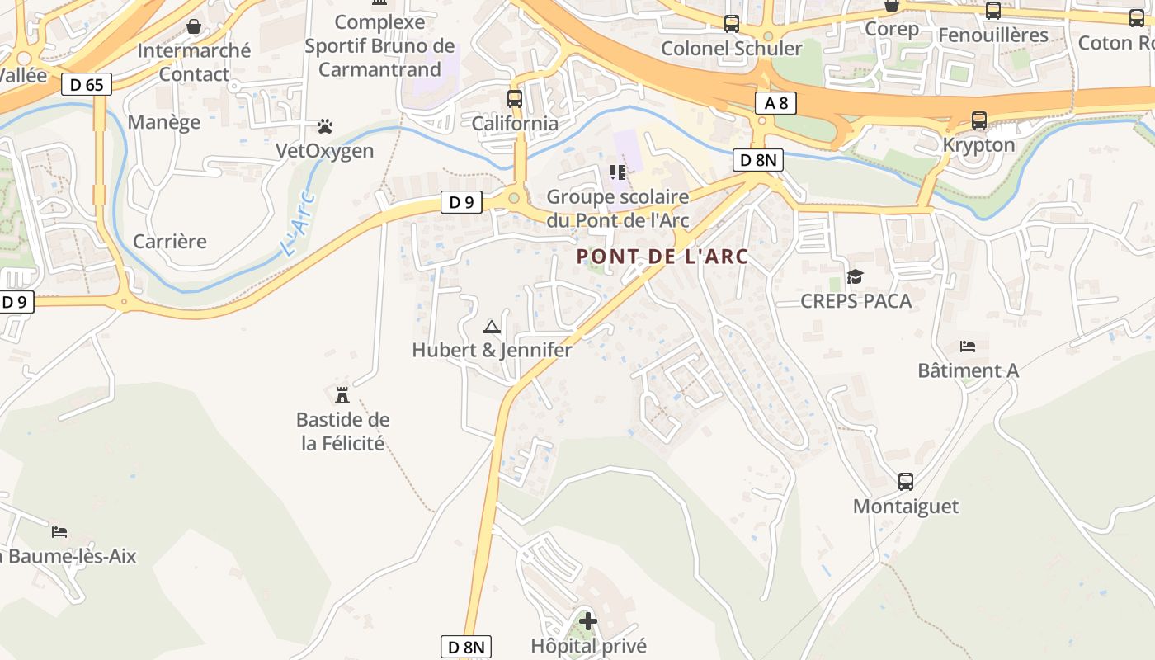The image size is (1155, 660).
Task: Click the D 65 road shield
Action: pyautogui.click(x=86, y=83)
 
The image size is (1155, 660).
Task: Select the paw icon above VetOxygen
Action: pyautogui.click(x=325, y=126)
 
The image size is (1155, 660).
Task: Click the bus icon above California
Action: pyautogui.click(x=515, y=99)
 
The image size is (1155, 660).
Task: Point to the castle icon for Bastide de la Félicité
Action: pyautogui.click(x=342, y=394)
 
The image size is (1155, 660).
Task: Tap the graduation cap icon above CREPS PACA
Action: pyautogui.click(x=855, y=276)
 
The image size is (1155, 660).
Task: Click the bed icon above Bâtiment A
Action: pyautogui.click(x=968, y=346)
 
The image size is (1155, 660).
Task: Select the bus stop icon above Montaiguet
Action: pyautogui.click(x=906, y=482)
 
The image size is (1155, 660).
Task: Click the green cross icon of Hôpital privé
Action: pyautogui.click(x=588, y=620)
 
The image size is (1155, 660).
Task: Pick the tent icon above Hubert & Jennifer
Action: pyautogui.click(x=492, y=327)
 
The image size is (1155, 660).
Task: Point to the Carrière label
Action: pyautogui.click(x=170, y=242)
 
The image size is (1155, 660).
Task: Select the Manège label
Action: pyautogui.click(x=164, y=122)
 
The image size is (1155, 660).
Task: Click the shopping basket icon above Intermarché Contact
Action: pyautogui.click(x=194, y=27)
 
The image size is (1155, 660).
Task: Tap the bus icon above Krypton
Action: pyautogui.click(x=979, y=120)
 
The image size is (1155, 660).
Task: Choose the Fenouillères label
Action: pyautogui.click(x=993, y=35)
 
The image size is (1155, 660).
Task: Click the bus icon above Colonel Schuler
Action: pyautogui.click(x=732, y=24)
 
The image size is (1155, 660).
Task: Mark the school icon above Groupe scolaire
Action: pyautogui.click(x=618, y=172)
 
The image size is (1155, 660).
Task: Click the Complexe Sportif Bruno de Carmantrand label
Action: pyautogui.click(x=379, y=46)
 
